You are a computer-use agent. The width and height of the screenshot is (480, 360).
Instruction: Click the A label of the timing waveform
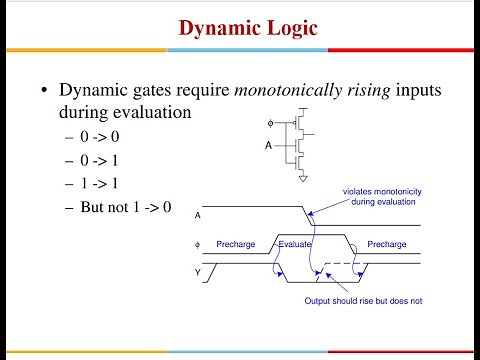tap(197, 215)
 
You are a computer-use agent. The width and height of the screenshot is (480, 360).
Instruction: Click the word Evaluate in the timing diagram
tap(296, 243)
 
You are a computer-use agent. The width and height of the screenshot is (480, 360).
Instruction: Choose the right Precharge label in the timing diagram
tap(386, 243)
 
